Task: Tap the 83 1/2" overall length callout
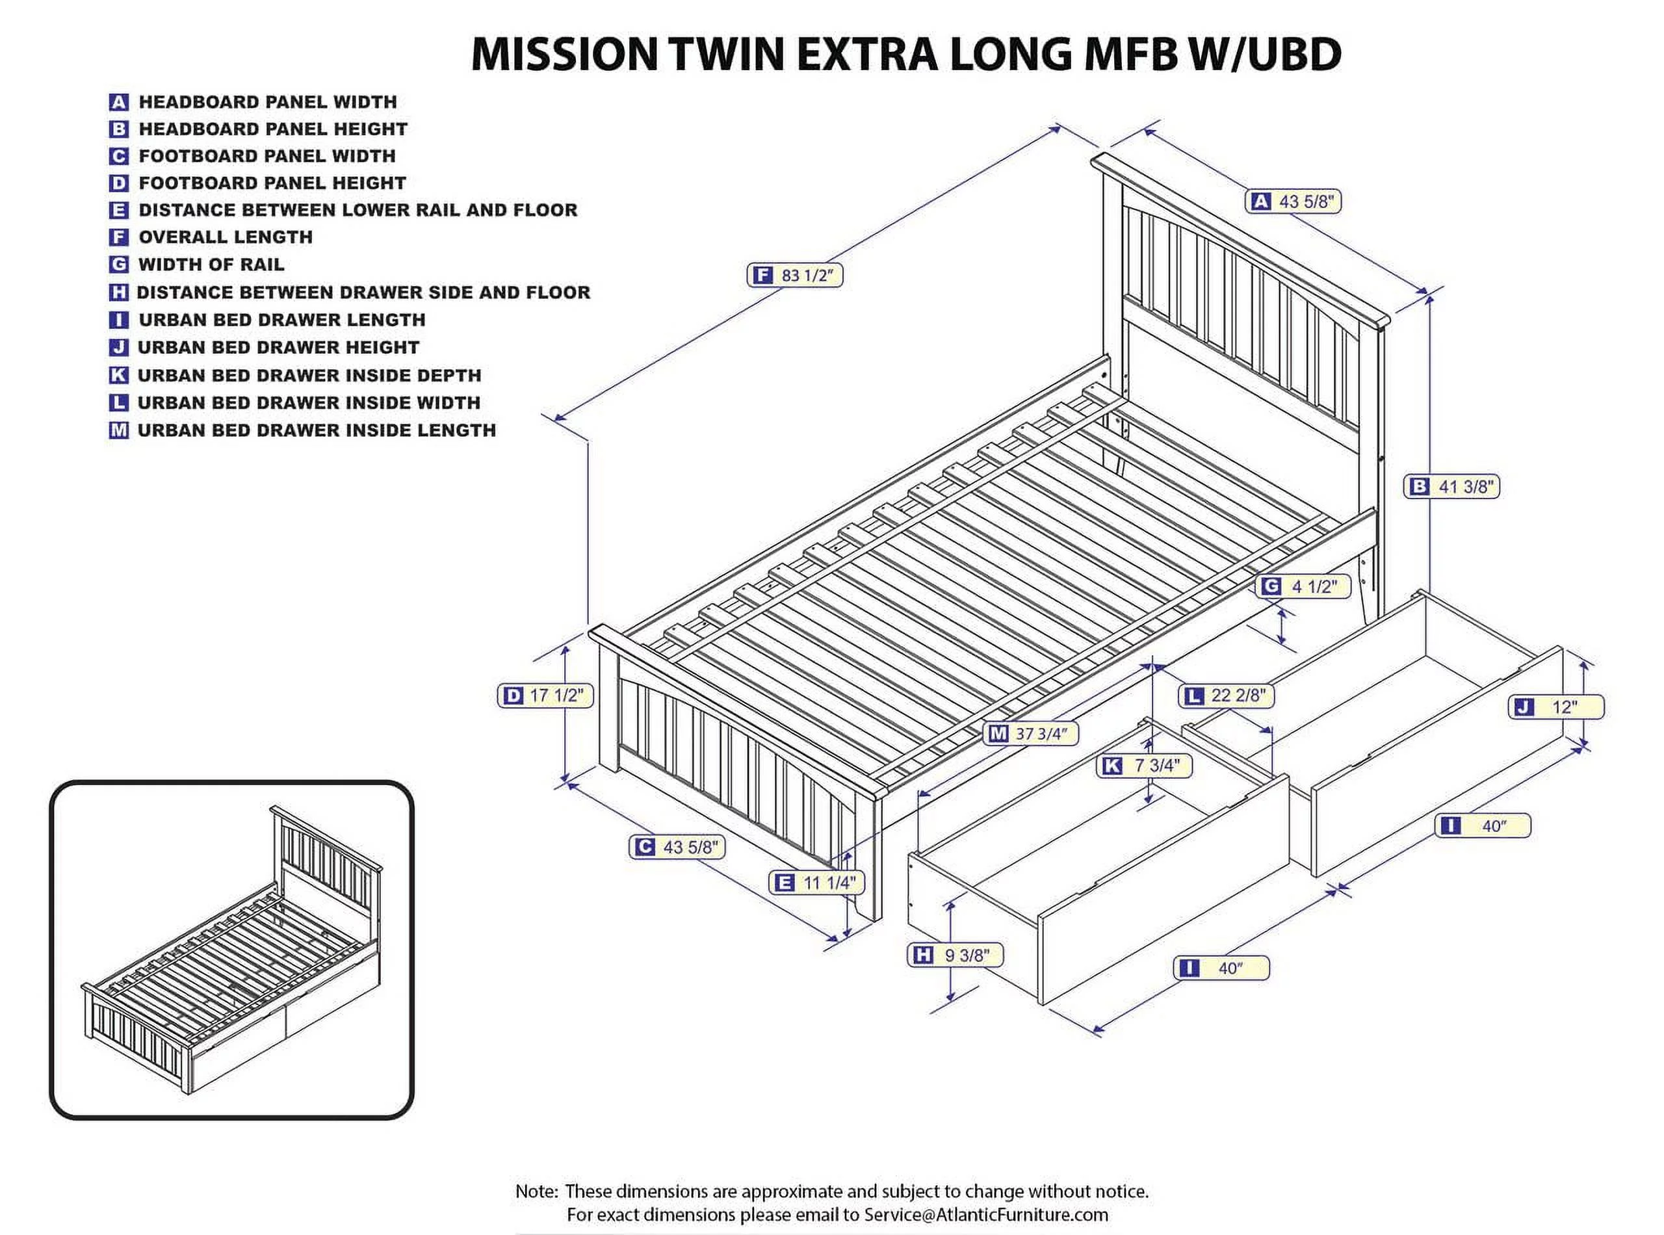point(794,275)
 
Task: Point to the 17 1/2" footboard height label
point(545,695)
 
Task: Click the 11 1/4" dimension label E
point(817,883)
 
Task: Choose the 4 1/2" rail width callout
point(1304,587)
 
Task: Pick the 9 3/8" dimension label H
point(955,955)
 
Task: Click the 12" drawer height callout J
point(1559,707)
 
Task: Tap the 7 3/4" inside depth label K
point(1144,766)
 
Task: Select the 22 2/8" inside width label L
point(1227,695)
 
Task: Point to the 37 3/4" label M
point(1032,733)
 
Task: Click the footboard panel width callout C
point(677,847)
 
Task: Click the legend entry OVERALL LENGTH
point(225,237)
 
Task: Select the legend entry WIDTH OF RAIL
point(211,265)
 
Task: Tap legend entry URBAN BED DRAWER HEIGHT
point(278,348)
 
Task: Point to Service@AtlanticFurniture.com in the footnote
point(986,1215)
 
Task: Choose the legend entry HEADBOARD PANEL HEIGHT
point(273,129)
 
